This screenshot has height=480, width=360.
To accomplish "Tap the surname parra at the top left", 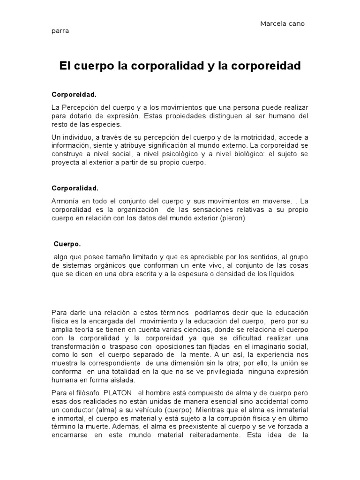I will point(60,31).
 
